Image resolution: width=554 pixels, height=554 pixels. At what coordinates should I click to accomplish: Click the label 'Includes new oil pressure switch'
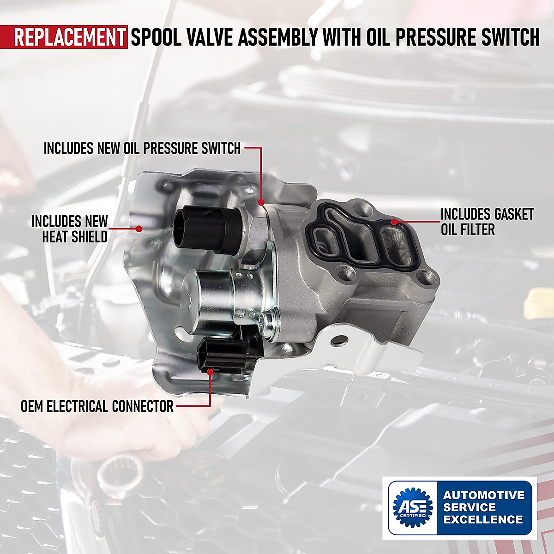142,148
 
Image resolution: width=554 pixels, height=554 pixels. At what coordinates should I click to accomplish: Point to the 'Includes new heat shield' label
69,229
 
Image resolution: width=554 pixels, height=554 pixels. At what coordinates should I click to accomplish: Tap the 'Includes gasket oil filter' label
487,222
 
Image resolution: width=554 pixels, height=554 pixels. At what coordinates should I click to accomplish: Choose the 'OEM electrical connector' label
97,406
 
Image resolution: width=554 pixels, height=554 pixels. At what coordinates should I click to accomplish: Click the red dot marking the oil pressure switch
261,202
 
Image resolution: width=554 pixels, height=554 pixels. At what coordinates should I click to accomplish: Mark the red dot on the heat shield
138,228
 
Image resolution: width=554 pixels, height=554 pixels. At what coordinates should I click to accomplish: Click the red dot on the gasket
393,222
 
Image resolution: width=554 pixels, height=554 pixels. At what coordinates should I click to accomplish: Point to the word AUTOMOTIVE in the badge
484,495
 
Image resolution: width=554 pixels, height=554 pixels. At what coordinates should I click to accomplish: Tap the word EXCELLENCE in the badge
483,519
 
